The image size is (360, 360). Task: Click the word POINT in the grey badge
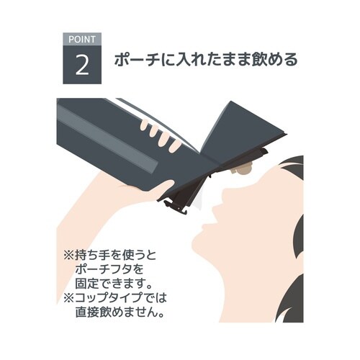pos(82,40)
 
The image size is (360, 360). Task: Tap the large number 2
pos(82,64)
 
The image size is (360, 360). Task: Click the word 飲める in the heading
pos(274,60)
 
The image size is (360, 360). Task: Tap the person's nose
pos(229,192)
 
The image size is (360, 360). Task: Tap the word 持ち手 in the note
pos(92,255)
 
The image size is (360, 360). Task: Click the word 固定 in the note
pos(86,284)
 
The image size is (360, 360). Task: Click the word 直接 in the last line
pos(86,312)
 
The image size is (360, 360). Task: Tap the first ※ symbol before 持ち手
pos(68,255)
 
